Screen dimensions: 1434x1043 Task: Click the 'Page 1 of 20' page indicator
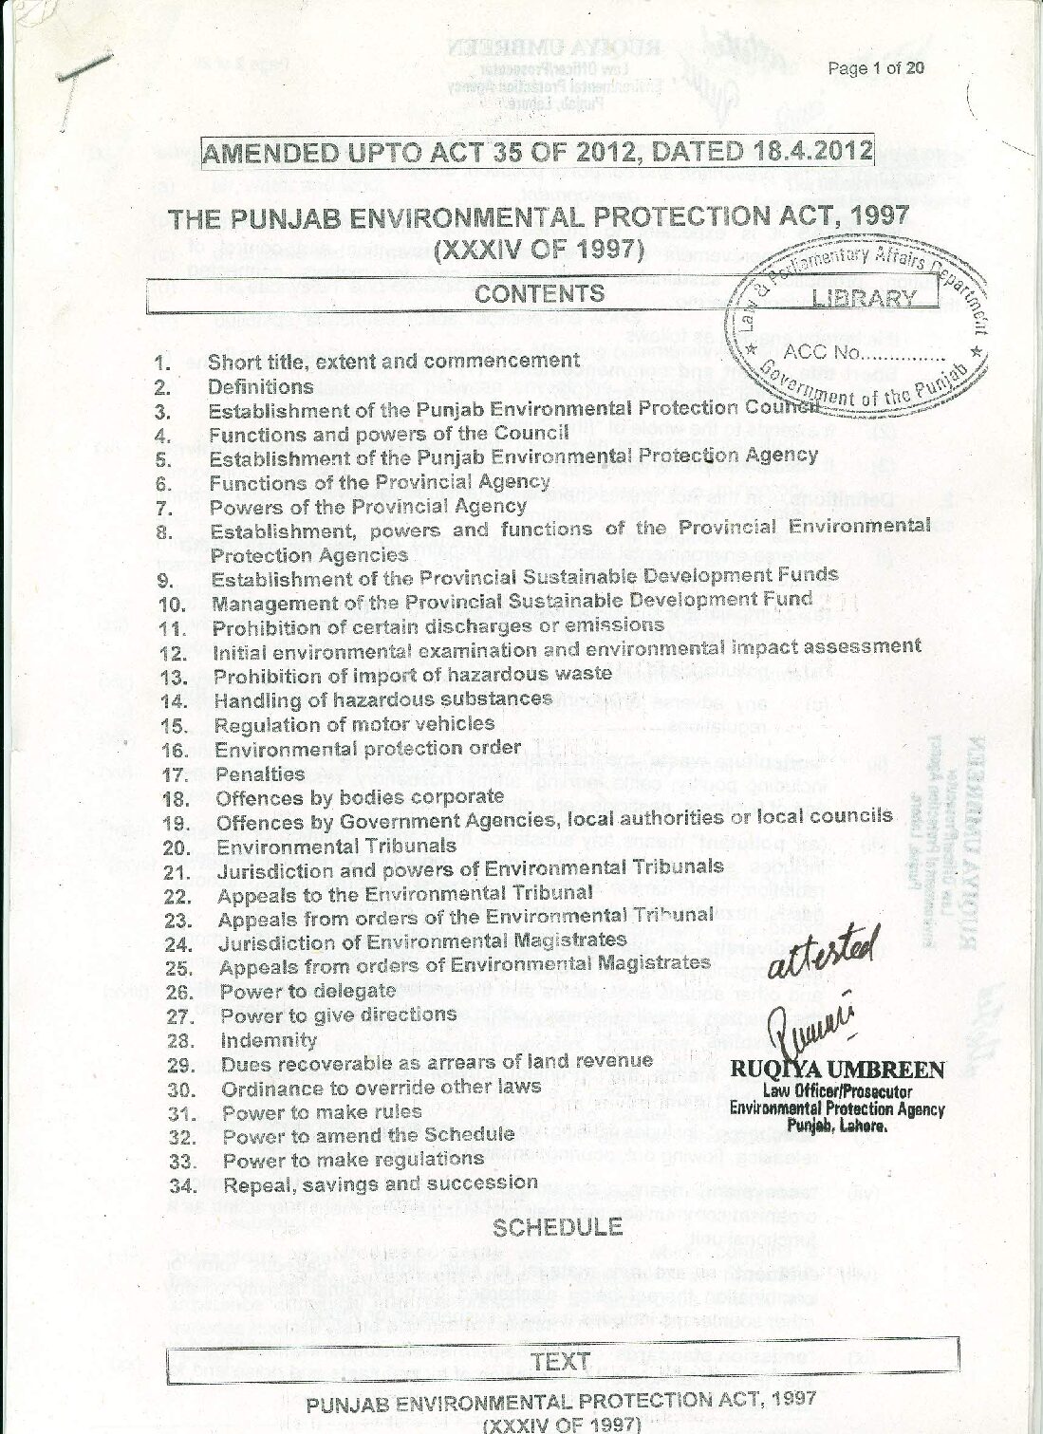[875, 67]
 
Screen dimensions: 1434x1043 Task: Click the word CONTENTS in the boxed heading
[540, 293]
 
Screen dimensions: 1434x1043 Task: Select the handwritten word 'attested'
[824, 952]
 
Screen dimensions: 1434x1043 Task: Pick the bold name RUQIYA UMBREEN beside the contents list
[837, 1071]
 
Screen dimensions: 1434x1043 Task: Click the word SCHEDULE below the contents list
[557, 1227]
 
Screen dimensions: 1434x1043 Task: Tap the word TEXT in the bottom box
[561, 1361]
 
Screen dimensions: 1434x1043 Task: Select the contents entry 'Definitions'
[261, 386]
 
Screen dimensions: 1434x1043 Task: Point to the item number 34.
[183, 1185]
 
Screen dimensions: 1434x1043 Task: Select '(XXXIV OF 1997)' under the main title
[539, 252]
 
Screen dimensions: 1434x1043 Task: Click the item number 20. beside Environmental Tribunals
[177, 847]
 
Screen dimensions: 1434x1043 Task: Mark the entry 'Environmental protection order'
[367, 748]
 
